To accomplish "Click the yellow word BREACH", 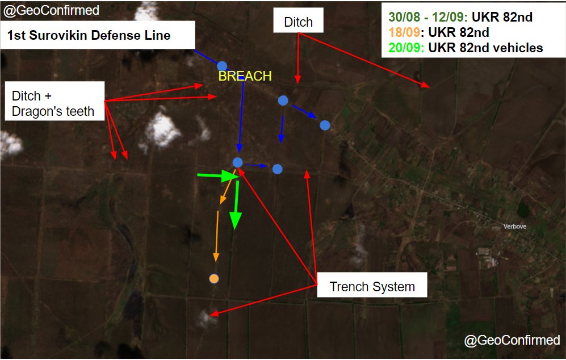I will click(245, 76).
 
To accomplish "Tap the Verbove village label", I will click(515, 226).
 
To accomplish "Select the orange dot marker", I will click(213, 278).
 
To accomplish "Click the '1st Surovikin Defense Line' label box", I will click(98, 35).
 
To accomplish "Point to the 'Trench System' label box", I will click(372, 286).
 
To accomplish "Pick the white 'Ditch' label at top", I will click(298, 22).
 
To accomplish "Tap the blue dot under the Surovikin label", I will click(222, 66).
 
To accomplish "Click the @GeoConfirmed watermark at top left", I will click(51, 10).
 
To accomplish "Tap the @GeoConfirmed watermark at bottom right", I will click(512, 340).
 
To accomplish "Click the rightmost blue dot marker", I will click(325, 125).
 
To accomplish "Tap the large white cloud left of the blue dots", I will click(163, 128).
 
